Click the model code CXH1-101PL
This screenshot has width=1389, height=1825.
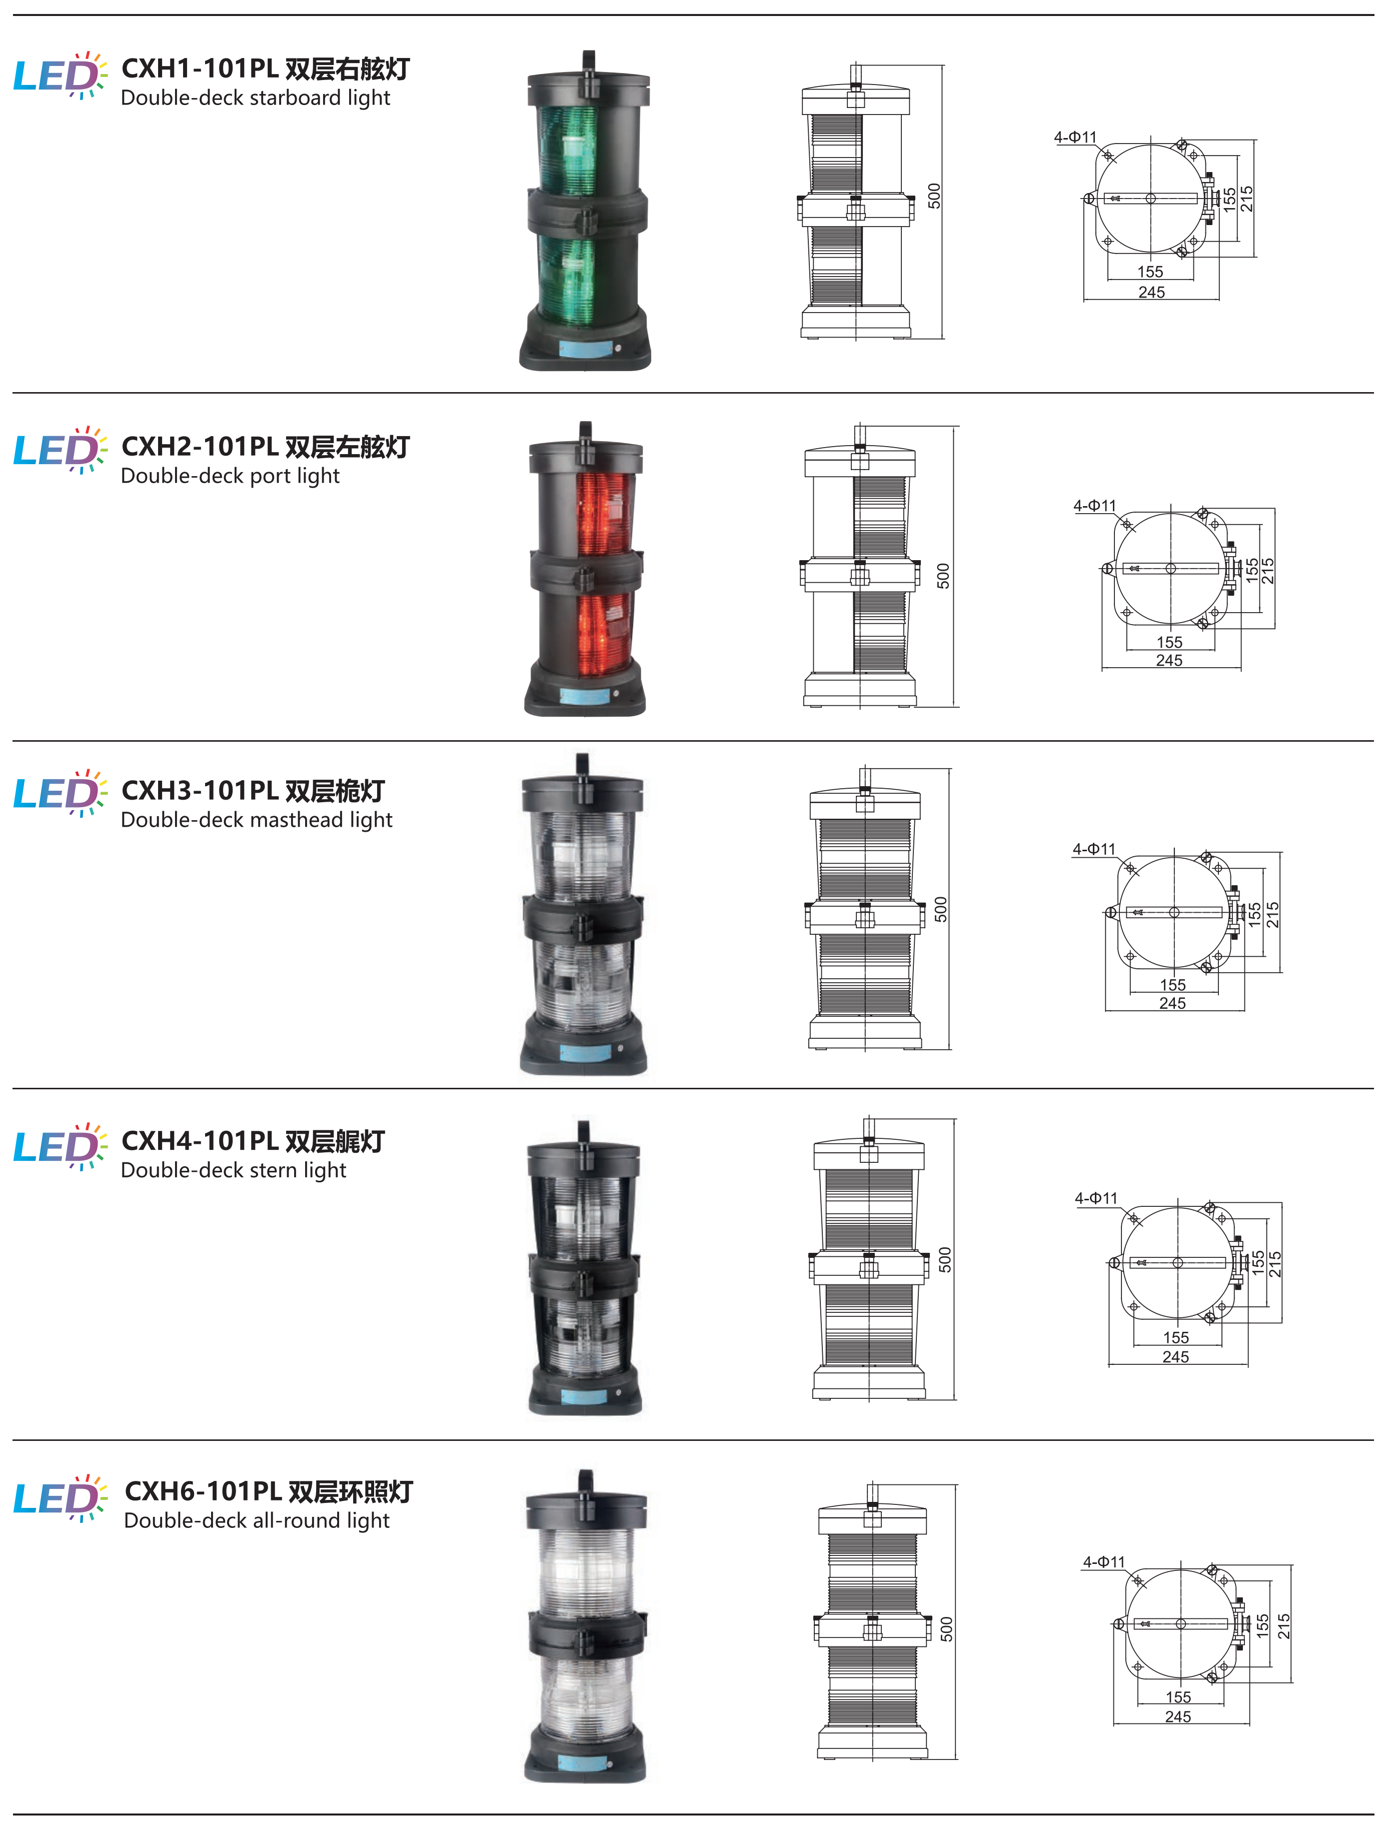click(x=199, y=68)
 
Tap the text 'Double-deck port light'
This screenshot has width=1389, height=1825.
click(x=230, y=476)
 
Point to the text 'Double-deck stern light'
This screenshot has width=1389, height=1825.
click(x=233, y=1170)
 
